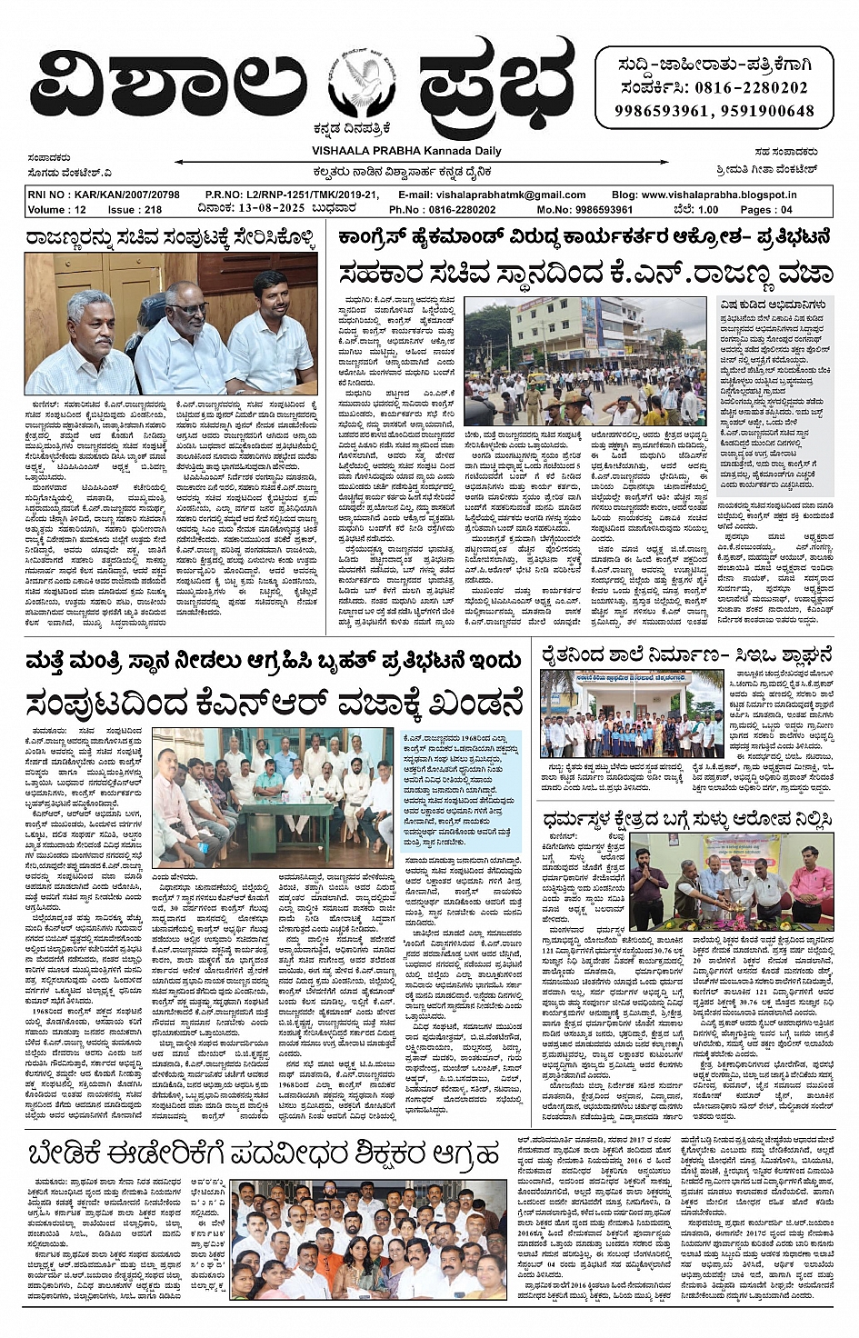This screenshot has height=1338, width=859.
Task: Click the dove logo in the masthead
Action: [x=361, y=87]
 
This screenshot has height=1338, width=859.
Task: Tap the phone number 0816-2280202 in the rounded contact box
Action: [x=751, y=88]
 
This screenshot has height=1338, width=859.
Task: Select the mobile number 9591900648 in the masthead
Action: [x=766, y=111]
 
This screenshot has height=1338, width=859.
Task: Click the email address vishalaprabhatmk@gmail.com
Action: [x=522, y=195]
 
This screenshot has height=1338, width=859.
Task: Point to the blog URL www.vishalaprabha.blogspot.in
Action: [x=717, y=195]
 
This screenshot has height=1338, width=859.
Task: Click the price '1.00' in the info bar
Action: [x=706, y=209]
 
